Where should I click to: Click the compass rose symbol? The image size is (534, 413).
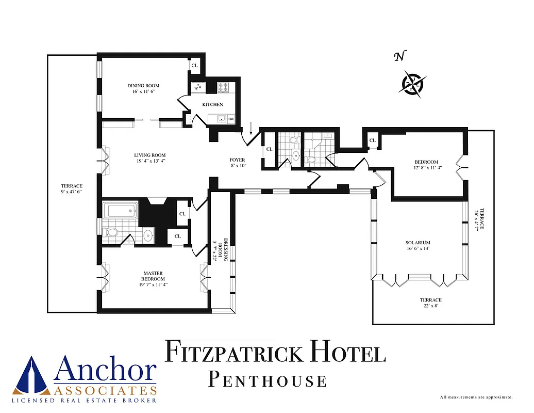point(412,83)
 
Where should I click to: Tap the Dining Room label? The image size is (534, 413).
point(143,88)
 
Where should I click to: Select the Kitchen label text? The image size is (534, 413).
point(212,105)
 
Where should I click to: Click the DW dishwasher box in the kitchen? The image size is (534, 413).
point(231,119)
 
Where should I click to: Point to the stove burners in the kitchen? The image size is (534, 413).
point(224,87)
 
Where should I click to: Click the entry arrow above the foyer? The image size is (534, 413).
point(250,128)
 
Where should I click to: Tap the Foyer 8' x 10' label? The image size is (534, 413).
point(238,163)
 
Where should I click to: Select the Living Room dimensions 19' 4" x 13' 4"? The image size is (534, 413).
point(150,161)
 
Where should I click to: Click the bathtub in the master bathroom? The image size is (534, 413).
point(120,211)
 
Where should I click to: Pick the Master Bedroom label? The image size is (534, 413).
point(153,279)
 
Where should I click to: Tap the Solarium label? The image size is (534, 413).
point(418,245)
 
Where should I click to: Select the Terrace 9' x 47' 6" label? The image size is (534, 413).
point(72,189)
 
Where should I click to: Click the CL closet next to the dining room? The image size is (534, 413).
point(194,66)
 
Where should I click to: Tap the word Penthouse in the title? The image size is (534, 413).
point(268,381)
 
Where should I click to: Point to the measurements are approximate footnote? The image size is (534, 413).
point(476,397)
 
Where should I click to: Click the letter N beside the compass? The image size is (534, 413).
point(398,57)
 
